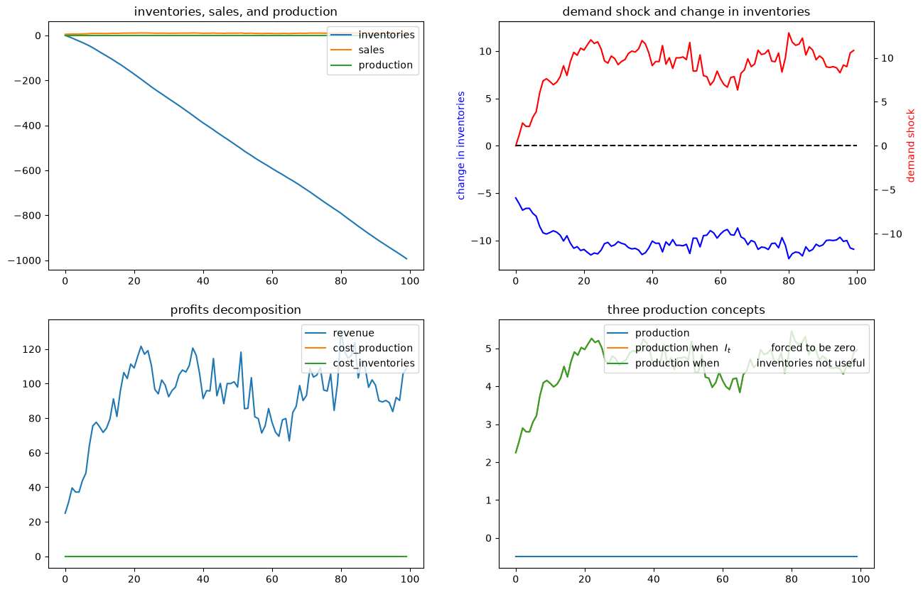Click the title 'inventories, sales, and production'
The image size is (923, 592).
pos(235,11)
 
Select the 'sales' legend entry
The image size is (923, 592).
pos(371,50)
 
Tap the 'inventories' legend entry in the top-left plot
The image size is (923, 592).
pos(386,35)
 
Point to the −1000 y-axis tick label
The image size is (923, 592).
pos(25,261)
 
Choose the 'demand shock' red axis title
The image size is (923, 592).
pos(910,146)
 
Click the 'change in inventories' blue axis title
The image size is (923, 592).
pos(460,146)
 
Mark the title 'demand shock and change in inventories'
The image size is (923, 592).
pos(686,11)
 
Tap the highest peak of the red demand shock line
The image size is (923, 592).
pos(789,33)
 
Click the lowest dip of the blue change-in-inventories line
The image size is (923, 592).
pos(789,258)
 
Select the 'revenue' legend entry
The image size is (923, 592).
pos(353,333)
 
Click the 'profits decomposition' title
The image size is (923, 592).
pos(235,309)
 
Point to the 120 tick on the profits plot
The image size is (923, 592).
pos(31,349)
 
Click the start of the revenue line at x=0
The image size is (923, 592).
pos(65,513)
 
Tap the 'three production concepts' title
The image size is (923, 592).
pos(686,309)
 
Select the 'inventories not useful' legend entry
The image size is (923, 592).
pos(811,363)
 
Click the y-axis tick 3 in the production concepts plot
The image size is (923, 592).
pos(489,424)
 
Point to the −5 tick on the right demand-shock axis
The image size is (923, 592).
pos(888,190)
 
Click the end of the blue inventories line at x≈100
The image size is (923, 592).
pos(406,259)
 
